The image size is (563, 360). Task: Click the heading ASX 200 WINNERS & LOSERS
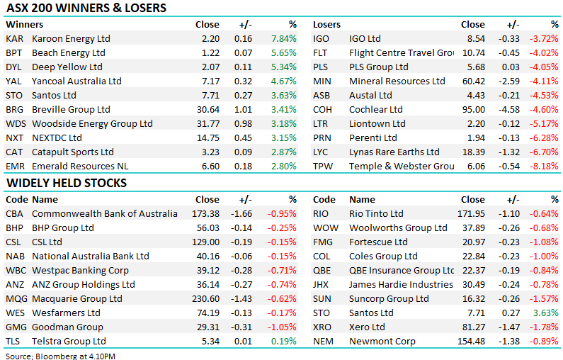[x=86, y=9]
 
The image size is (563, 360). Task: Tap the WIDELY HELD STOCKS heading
[x=67, y=183]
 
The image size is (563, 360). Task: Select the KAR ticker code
[x=14, y=38]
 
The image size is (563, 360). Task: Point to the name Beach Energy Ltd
[x=69, y=52]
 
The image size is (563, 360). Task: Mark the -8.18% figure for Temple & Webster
[x=545, y=166]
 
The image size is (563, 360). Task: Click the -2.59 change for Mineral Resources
[x=508, y=81]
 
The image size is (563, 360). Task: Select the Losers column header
[x=327, y=24]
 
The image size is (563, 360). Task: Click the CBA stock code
[x=15, y=213]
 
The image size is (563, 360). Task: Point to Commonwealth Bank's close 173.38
[x=205, y=213]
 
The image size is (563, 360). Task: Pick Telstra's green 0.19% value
[x=283, y=341]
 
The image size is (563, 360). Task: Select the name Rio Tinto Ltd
[x=376, y=213]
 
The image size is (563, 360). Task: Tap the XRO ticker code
[x=324, y=327]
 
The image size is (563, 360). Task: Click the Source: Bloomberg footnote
[x=60, y=355]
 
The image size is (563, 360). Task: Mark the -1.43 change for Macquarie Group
[x=241, y=298]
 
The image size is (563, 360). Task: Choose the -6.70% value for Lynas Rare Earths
[x=545, y=152]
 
